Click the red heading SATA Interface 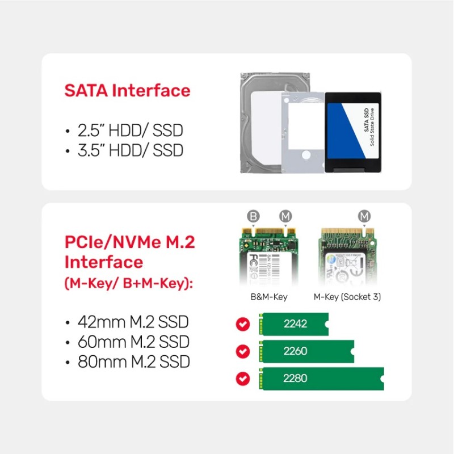(127, 91)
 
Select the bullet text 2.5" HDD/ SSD (131, 131)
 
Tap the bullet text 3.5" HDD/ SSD (131, 151)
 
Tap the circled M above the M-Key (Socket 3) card (364, 217)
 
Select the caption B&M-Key (269, 297)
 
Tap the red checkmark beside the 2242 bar (243, 324)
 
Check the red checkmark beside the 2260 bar (243, 351)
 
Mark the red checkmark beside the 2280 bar (243, 379)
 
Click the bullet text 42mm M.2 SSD (133, 323)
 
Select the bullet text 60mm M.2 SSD (133, 343)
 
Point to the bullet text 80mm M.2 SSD (133, 362)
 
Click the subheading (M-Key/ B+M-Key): (128, 283)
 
